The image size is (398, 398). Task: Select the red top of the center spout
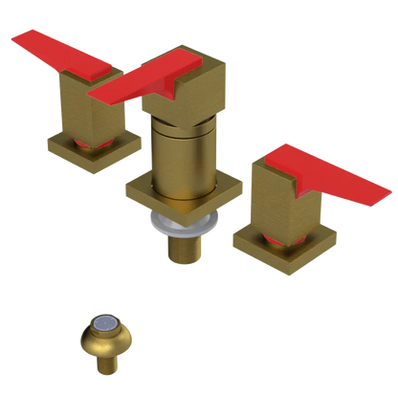pyautogui.click(x=163, y=77)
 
